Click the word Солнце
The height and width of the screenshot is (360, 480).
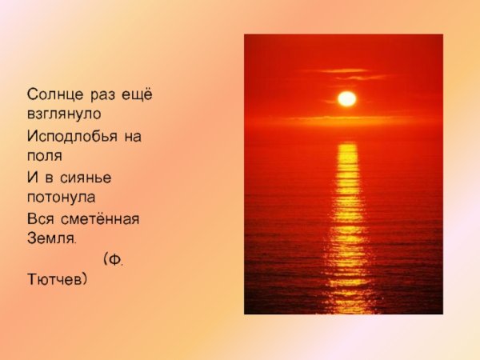[50, 97]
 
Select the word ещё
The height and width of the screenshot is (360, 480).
[137, 97]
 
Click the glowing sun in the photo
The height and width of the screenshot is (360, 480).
[346, 98]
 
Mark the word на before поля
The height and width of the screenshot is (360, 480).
[133, 137]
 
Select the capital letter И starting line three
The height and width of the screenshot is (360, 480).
[31, 177]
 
